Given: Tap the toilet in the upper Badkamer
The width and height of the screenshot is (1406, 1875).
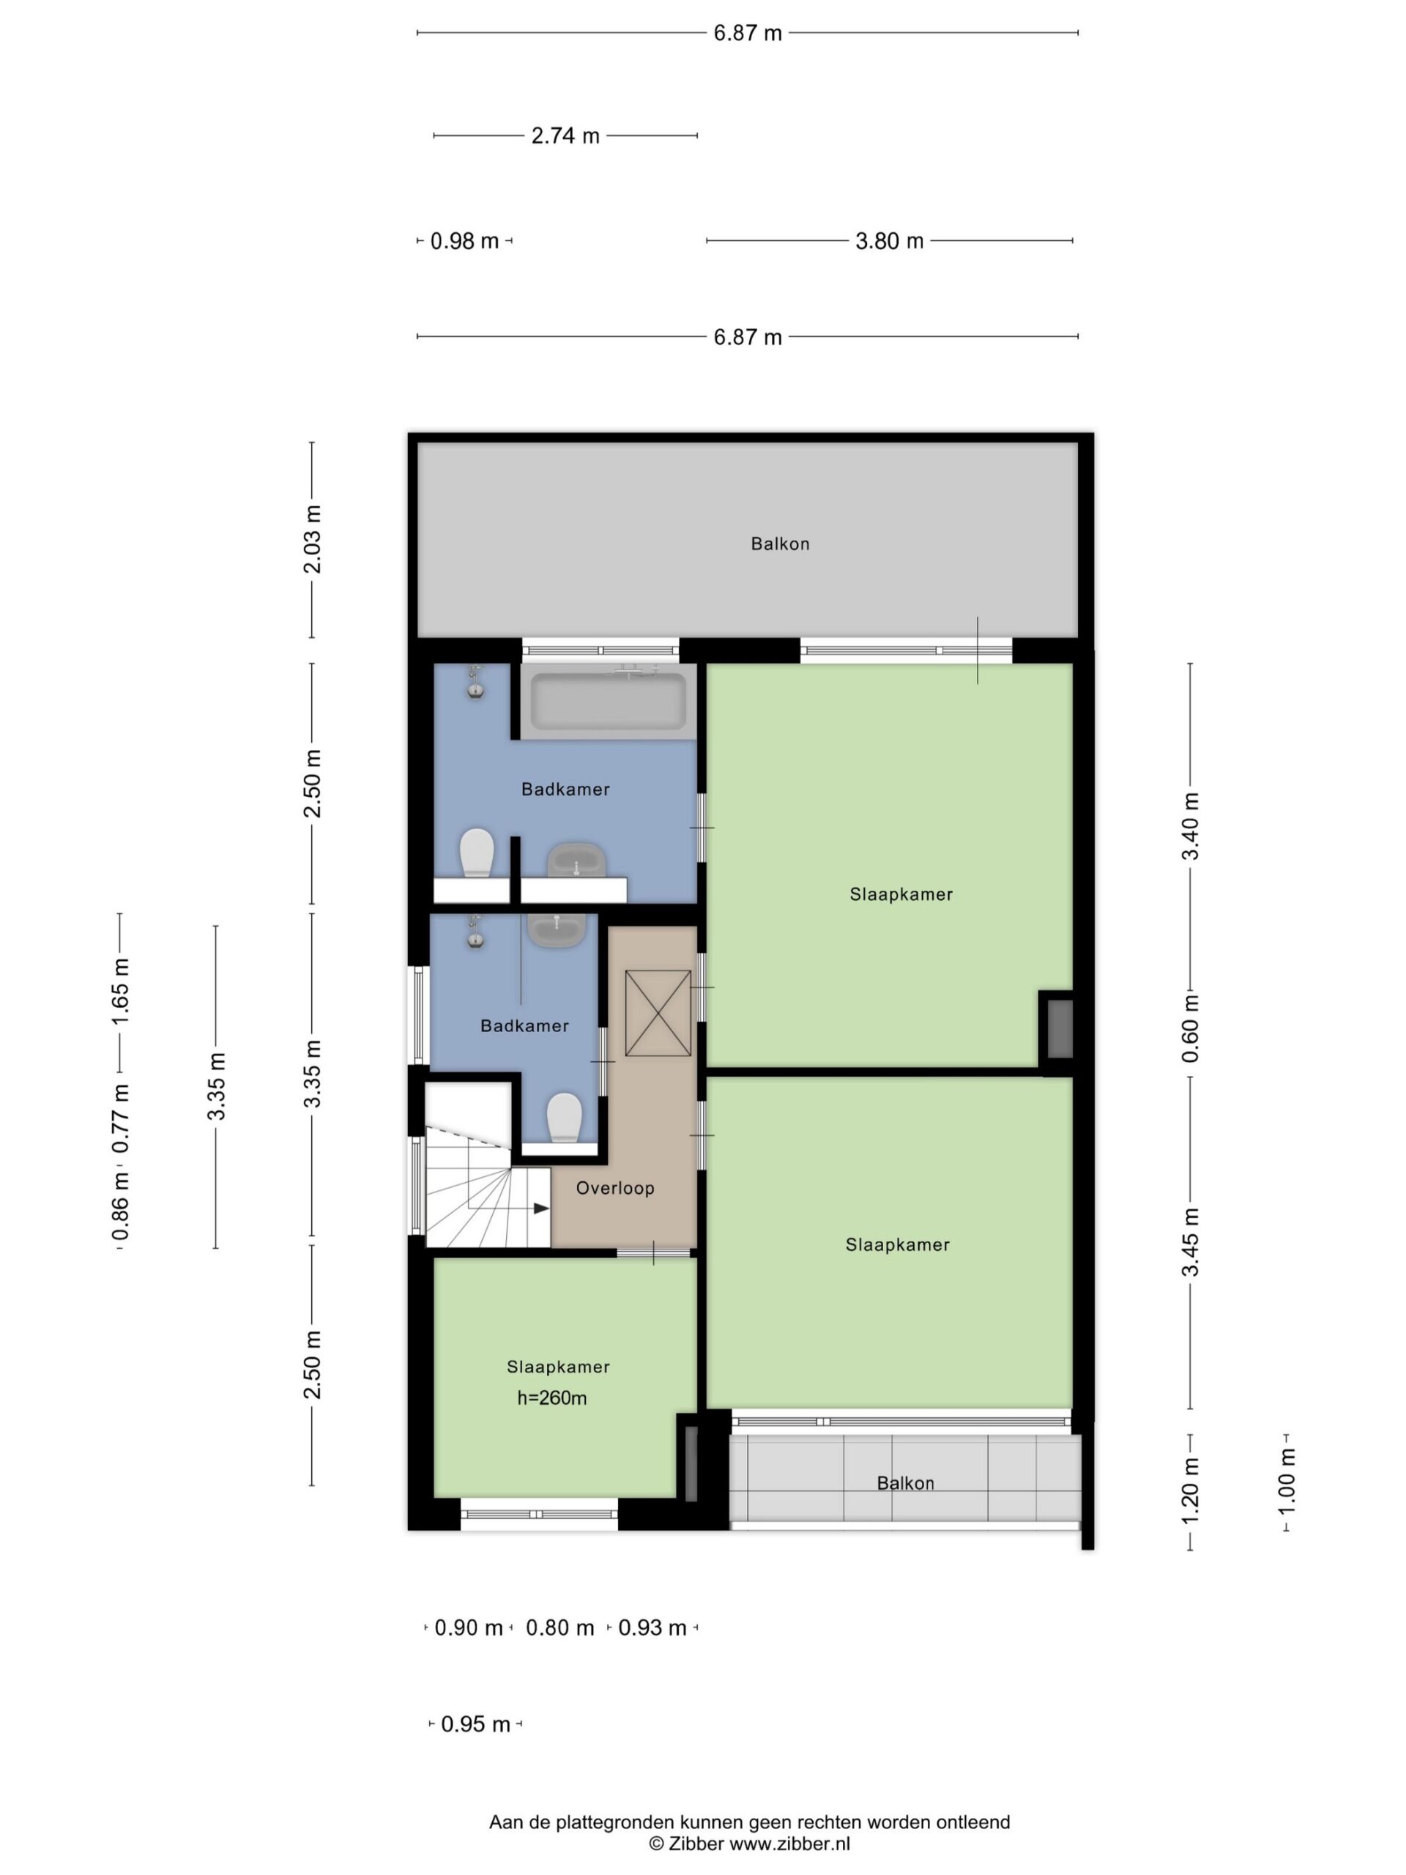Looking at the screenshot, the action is pos(477,853).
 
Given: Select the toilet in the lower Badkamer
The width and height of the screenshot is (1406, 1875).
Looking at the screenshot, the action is pos(565,1117).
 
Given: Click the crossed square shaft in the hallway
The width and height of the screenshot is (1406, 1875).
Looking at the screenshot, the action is pos(658,1013).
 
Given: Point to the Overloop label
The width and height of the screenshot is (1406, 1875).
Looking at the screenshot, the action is pos(615,1189).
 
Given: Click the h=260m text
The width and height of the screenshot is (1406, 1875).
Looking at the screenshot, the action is pos(551,1397).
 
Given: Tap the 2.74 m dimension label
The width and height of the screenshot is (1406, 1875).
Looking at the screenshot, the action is pos(565,135).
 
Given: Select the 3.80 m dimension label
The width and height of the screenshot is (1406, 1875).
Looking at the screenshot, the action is pos(889,241).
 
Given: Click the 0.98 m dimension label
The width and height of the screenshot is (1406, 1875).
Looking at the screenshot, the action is pos(464,241).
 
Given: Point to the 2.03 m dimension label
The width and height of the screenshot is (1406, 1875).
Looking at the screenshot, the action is pos(313,539).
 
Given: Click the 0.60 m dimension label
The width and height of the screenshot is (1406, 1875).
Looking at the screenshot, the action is pos(1191,1028).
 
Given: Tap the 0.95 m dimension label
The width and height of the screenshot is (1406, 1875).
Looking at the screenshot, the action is pos(475,1724).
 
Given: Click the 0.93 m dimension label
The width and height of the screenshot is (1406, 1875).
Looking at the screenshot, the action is pos(652,1627).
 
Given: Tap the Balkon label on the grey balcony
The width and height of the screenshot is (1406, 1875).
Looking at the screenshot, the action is pos(780,544).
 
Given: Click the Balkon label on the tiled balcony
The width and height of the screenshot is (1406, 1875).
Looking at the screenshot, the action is pos(905,1483).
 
